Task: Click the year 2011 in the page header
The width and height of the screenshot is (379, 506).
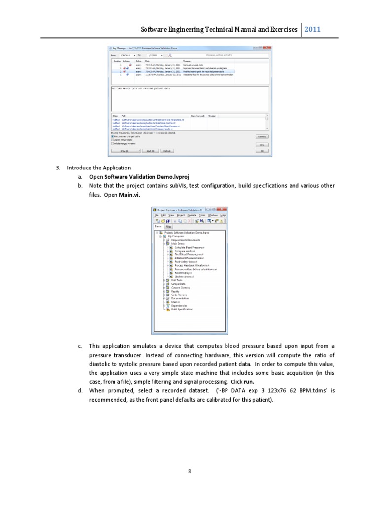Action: (x=313, y=29)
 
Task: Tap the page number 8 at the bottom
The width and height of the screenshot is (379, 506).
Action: (x=189, y=471)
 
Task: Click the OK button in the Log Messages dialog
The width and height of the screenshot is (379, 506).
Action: (x=262, y=151)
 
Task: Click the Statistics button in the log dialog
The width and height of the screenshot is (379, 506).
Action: (x=262, y=136)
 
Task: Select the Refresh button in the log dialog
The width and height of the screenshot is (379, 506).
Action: (x=168, y=151)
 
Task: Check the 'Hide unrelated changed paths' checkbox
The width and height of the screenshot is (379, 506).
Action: (x=112, y=136)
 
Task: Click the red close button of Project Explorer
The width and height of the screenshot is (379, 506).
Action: (x=224, y=210)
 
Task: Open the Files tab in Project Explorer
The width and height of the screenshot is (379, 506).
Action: (x=168, y=227)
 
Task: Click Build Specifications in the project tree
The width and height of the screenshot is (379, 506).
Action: (x=182, y=309)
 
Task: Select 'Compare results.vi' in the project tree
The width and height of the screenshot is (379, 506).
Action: (x=185, y=251)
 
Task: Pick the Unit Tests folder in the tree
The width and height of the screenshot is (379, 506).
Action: (x=176, y=280)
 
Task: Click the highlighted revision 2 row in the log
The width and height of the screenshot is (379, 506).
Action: (x=173, y=72)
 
